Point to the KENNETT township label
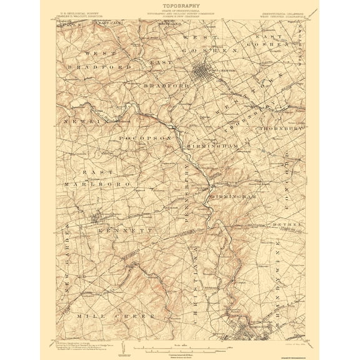pyautogui.click(x=125, y=231)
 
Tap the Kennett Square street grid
pyautogui.click(x=97, y=219)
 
